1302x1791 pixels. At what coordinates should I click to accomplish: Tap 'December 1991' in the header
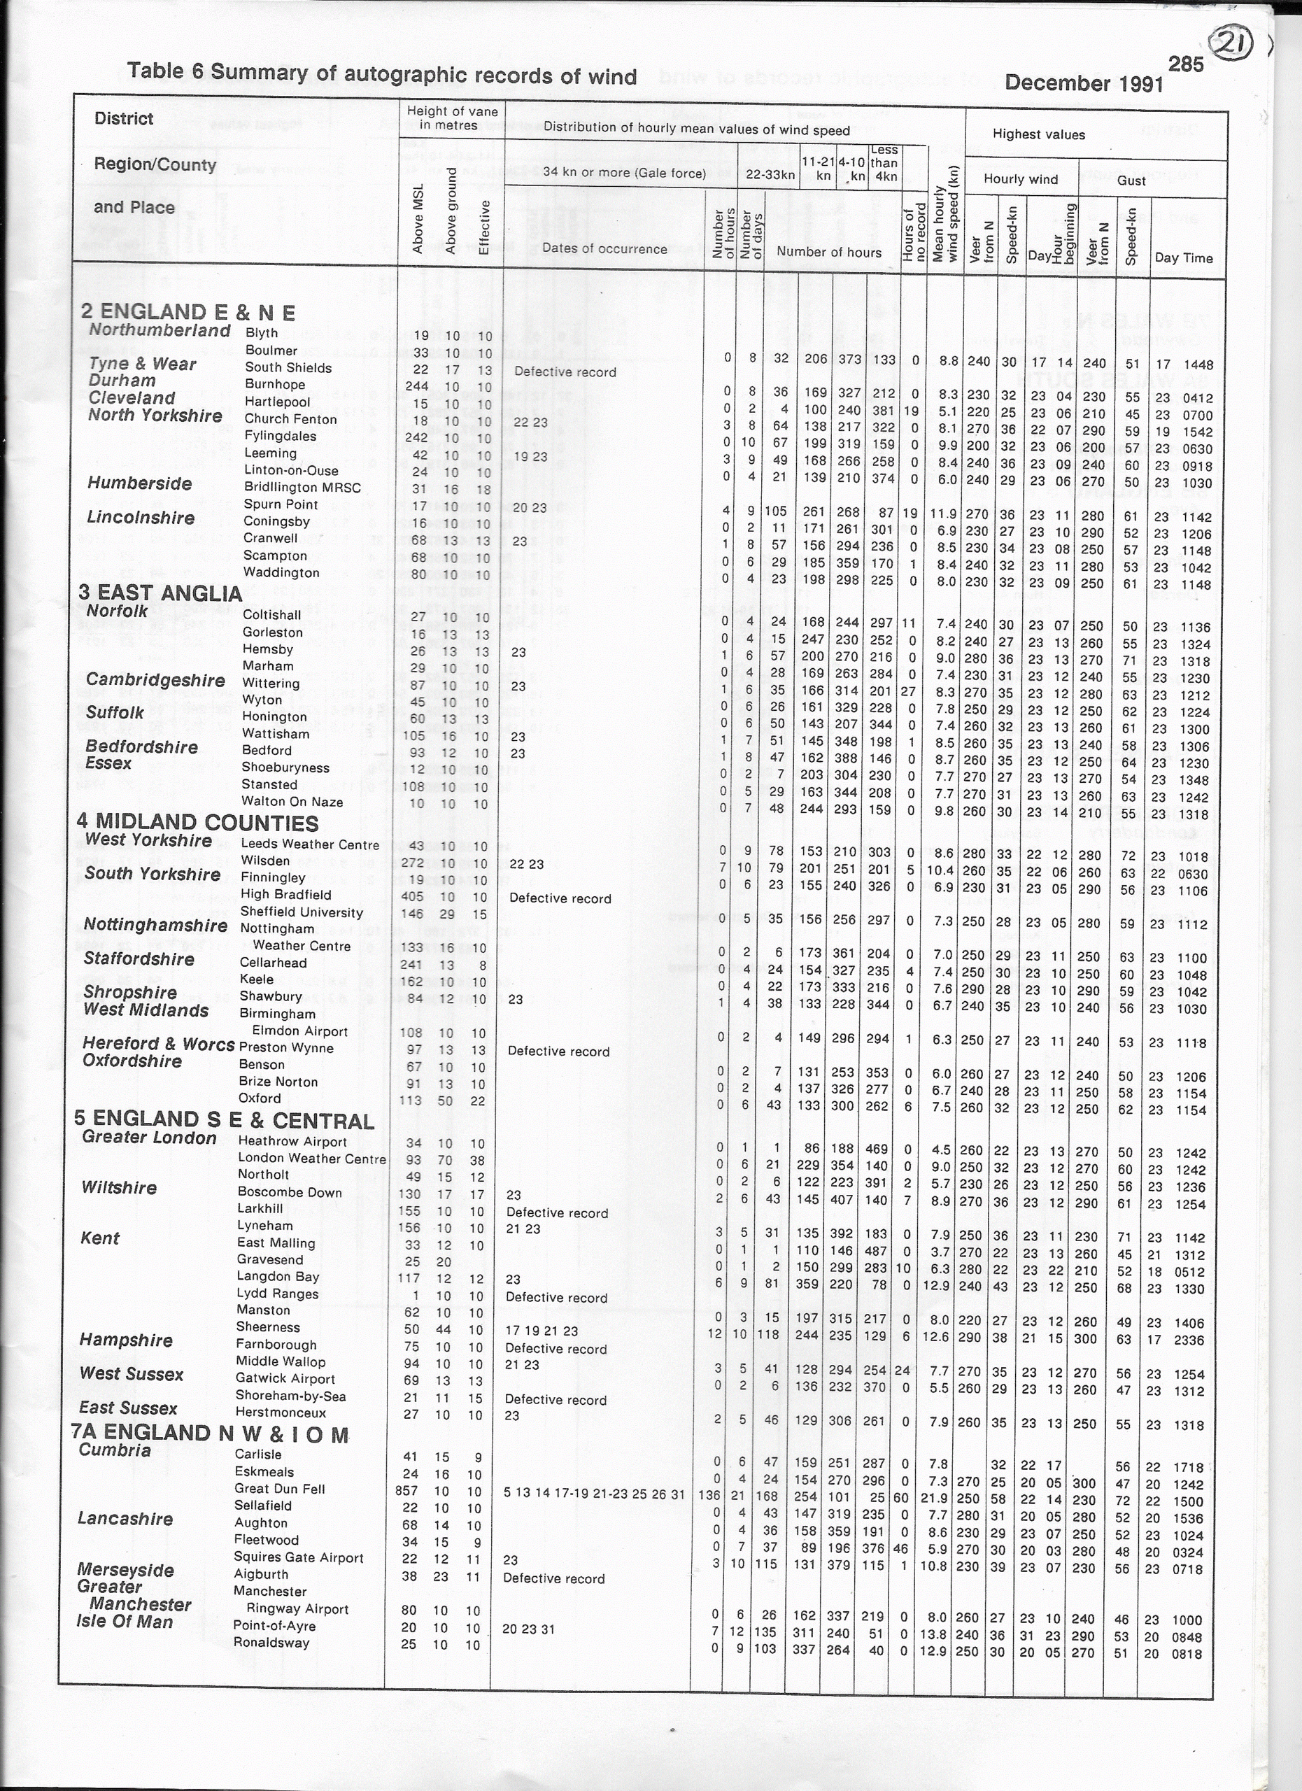1083,83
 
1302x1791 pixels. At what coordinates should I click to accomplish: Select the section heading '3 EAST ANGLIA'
160,593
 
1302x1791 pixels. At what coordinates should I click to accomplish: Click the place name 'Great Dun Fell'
280,1489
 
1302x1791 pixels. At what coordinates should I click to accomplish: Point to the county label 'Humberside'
140,483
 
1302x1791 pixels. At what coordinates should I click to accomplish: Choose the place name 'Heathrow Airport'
292,1142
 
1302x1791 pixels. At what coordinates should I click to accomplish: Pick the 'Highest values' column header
1038,135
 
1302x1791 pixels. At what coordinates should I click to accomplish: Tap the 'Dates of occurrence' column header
604,249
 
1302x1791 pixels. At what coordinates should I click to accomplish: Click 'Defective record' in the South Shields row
565,372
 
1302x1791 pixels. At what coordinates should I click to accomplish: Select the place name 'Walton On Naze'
292,802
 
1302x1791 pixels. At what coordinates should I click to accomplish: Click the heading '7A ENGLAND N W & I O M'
209,1433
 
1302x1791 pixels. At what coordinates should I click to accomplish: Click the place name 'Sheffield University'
302,913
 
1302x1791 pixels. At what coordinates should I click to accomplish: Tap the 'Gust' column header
1131,180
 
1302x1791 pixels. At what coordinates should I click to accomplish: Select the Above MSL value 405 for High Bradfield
411,897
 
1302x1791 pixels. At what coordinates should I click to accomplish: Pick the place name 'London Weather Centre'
312,1159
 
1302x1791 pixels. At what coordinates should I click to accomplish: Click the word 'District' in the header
123,119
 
